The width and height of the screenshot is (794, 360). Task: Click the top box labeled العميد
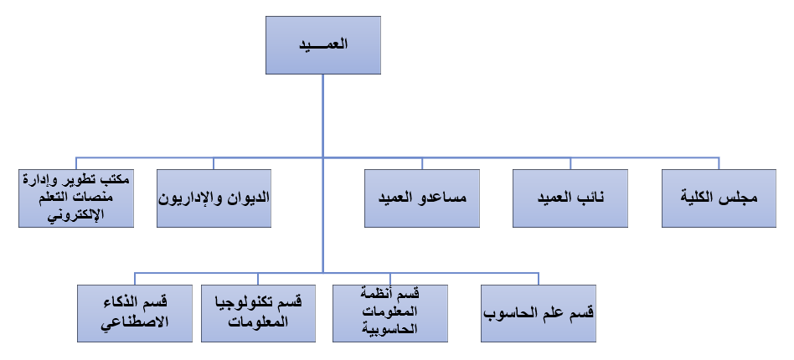pos(323,45)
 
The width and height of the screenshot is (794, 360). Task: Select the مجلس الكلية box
pos(719,198)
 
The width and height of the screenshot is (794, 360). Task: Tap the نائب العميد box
pos(570,198)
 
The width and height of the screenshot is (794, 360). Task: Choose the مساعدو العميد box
pos(422,198)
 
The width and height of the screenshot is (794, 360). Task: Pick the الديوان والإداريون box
pos(214,198)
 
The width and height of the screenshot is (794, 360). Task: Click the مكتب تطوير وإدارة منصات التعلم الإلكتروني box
pos(76,198)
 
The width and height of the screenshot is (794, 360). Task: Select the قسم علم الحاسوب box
pos(539,313)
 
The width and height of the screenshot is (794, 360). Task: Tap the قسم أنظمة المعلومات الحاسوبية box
pos(390,313)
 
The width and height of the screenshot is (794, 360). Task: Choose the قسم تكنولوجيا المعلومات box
pos(258,313)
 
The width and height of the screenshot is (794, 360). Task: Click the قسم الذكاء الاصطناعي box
pos(135,313)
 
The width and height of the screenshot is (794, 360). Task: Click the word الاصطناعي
pos(135,322)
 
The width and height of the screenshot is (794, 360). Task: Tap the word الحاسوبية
pos(390,329)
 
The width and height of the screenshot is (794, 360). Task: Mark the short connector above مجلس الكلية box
pos(719,163)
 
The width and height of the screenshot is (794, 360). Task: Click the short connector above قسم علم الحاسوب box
pos(539,279)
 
